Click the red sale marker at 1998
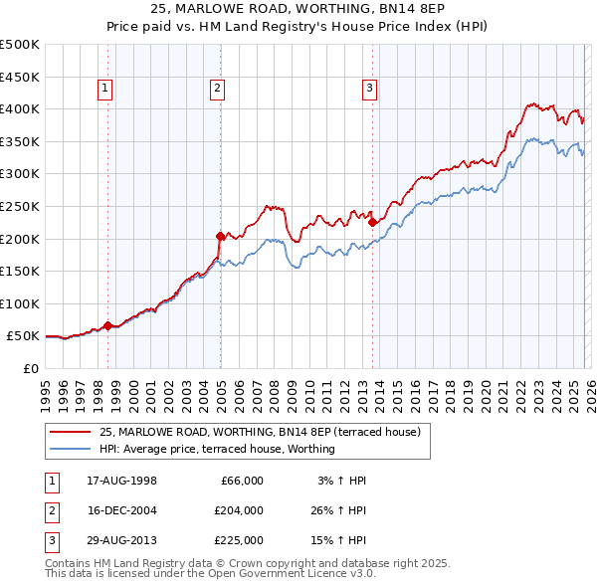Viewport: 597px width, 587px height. tap(107, 325)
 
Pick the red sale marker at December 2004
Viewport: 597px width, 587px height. tap(220, 236)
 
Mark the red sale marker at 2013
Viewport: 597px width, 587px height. tap(372, 222)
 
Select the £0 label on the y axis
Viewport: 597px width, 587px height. tap(30, 368)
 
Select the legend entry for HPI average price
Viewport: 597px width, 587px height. tap(217, 449)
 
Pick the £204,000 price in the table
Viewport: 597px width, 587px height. tap(239, 510)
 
